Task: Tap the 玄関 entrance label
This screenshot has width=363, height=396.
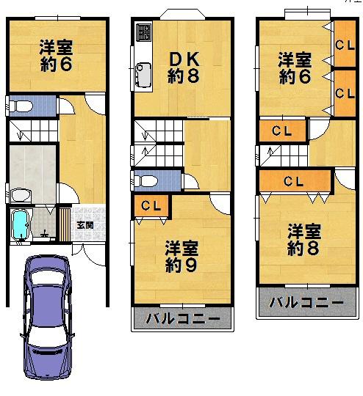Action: (x=85, y=225)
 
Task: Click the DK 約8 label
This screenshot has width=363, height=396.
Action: (x=181, y=67)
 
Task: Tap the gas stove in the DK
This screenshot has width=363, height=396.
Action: (x=143, y=34)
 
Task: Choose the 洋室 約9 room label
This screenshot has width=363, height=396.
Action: (x=180, y=254)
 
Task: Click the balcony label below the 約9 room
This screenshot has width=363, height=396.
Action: (x=182, y=319)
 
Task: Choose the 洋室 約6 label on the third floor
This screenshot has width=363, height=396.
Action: (x=294, y=67)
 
